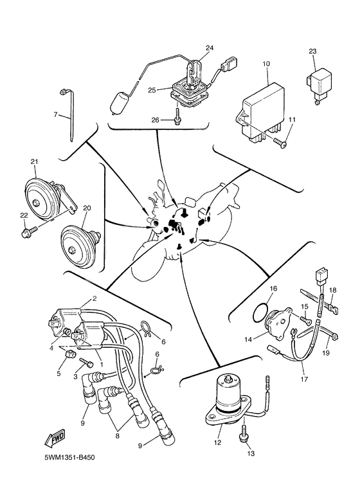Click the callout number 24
[210, 48]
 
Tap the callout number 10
[266, 64]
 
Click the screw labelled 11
[280, 142]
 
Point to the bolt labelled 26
[177, 116]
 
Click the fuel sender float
[120, 105]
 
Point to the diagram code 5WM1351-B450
[69, 458]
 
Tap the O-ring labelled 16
[260, 312]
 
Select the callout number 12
[217, 442]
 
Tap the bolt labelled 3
[86, 363]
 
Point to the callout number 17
[304, 379]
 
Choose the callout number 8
[117, 436]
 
